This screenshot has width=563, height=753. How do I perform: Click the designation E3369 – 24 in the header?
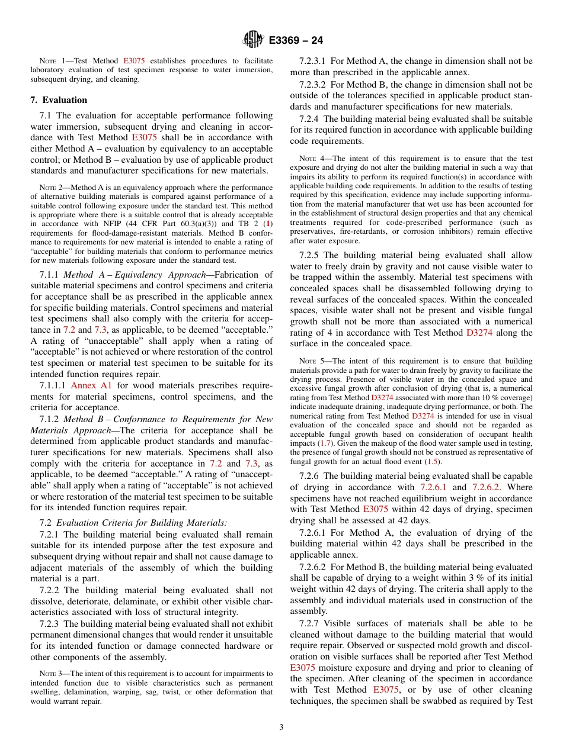296,41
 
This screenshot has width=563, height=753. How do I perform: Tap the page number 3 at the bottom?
281,728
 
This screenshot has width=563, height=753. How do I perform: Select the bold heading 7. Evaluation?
59,100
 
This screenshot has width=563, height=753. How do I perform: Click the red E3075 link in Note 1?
134,61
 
